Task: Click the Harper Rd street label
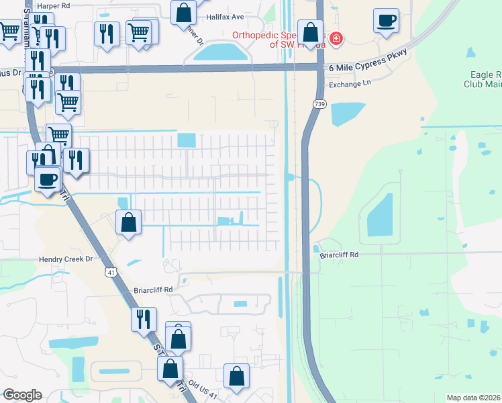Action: [x=53, y=5]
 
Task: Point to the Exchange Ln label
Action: [x=350, y=85]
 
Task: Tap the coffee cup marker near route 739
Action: [x=386, y=20]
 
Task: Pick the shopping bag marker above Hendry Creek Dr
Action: [x=128, y=222]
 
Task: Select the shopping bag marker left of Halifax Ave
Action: [x=183, y=12]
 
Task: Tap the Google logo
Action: [x=23, y=394]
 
